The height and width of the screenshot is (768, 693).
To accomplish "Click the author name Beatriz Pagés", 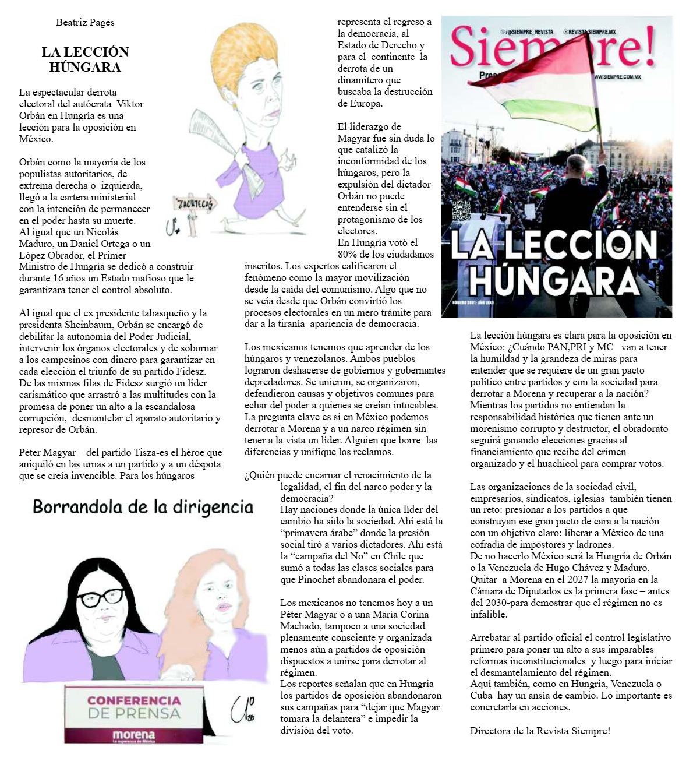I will click(x=85, y=23).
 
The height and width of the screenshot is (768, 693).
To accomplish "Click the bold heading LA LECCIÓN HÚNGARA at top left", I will click(x=85, y=59).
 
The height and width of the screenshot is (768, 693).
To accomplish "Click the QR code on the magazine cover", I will click(x=460, y=210).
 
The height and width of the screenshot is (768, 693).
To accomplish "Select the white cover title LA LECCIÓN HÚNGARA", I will click(x=554, y=262).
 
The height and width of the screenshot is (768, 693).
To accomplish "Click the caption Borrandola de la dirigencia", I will click(x=143, y=507).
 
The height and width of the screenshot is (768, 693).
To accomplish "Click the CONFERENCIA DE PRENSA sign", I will click(x=133, y=706).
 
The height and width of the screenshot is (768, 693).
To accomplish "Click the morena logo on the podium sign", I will click(x=133, y=735).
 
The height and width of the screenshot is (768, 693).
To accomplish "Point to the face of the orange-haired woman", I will click(x=218, y=600).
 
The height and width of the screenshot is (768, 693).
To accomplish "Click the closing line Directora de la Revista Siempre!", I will click(x=540, y=731).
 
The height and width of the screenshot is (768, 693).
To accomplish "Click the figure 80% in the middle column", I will click(x=347, y=254).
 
